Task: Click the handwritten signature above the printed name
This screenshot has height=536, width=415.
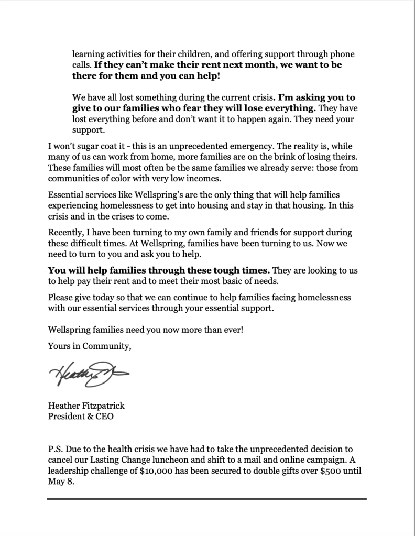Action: [x=87, y=374]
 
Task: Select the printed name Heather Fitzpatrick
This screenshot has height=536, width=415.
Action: [x=86, y=407]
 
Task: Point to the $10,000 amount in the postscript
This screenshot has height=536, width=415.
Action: [x=161, y=471]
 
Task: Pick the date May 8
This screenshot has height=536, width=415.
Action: [x=60, y=482]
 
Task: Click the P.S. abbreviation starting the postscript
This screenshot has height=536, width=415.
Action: [x=56, y=450]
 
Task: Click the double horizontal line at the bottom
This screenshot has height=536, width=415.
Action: [x=206, y=499]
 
